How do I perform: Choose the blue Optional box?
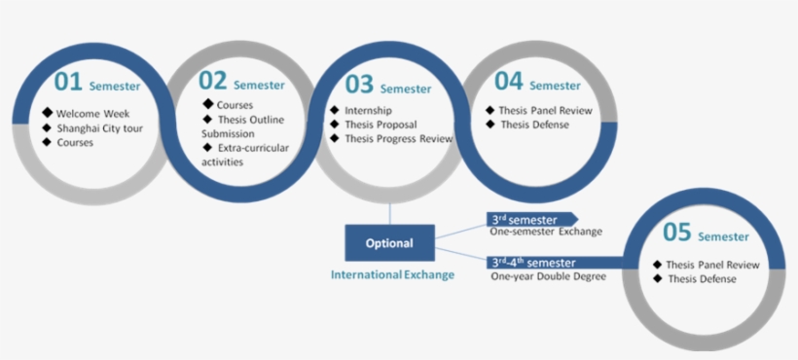389,242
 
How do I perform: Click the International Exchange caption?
392,274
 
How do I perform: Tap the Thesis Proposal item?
381,125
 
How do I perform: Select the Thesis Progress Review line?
399,138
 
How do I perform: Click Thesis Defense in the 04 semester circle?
532,125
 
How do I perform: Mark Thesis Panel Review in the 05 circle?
711,265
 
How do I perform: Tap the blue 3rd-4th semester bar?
555,262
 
